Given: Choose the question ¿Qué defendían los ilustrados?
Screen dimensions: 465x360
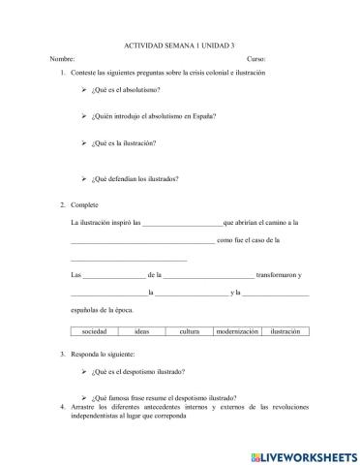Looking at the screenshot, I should tap(135, 178).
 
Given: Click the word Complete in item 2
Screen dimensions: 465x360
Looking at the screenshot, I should tap(85, 205).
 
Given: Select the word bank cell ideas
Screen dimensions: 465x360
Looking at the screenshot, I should tap(142, 332).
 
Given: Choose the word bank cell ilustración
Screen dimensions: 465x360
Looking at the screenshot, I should tap(285, 332).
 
